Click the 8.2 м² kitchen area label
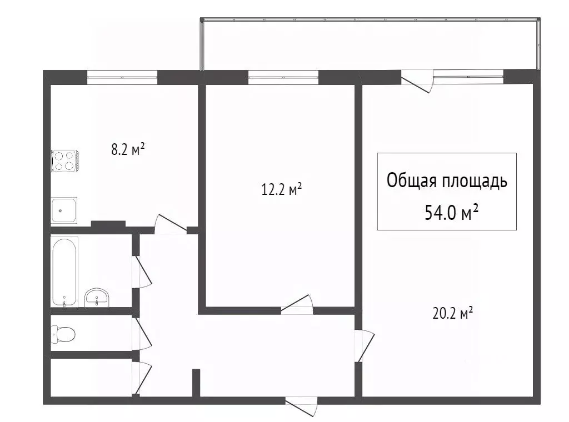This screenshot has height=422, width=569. pos(128,149)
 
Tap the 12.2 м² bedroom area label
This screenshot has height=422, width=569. pos(282,190)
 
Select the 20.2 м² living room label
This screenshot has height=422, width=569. pos(452,314)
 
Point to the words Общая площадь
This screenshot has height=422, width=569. pos(447,181)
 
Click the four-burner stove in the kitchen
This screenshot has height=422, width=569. pos(64,160)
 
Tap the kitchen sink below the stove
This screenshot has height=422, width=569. pos(64,210)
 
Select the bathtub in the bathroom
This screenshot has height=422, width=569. pos(65,272)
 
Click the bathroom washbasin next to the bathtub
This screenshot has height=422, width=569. pos(98,298)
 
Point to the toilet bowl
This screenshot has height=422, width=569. pos(63,334)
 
